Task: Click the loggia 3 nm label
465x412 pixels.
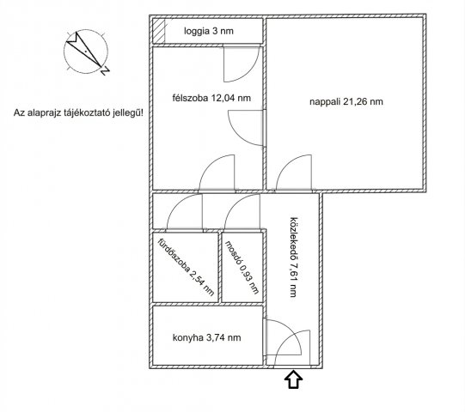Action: pos(209,31)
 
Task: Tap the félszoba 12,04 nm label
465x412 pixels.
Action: pos(211,98)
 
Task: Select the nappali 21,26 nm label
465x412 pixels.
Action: pos(346,101)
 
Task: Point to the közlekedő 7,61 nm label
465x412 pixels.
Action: pos(293,257)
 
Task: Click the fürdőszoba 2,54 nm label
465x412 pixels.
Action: pos(186,267)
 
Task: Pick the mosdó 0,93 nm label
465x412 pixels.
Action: pos(242,267)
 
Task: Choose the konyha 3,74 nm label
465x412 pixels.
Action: pos(206,337)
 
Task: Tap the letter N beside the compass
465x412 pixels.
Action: pos(105,71)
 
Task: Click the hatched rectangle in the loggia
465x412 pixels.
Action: pos(159,31)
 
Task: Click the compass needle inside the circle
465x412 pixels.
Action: pos(84,49)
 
